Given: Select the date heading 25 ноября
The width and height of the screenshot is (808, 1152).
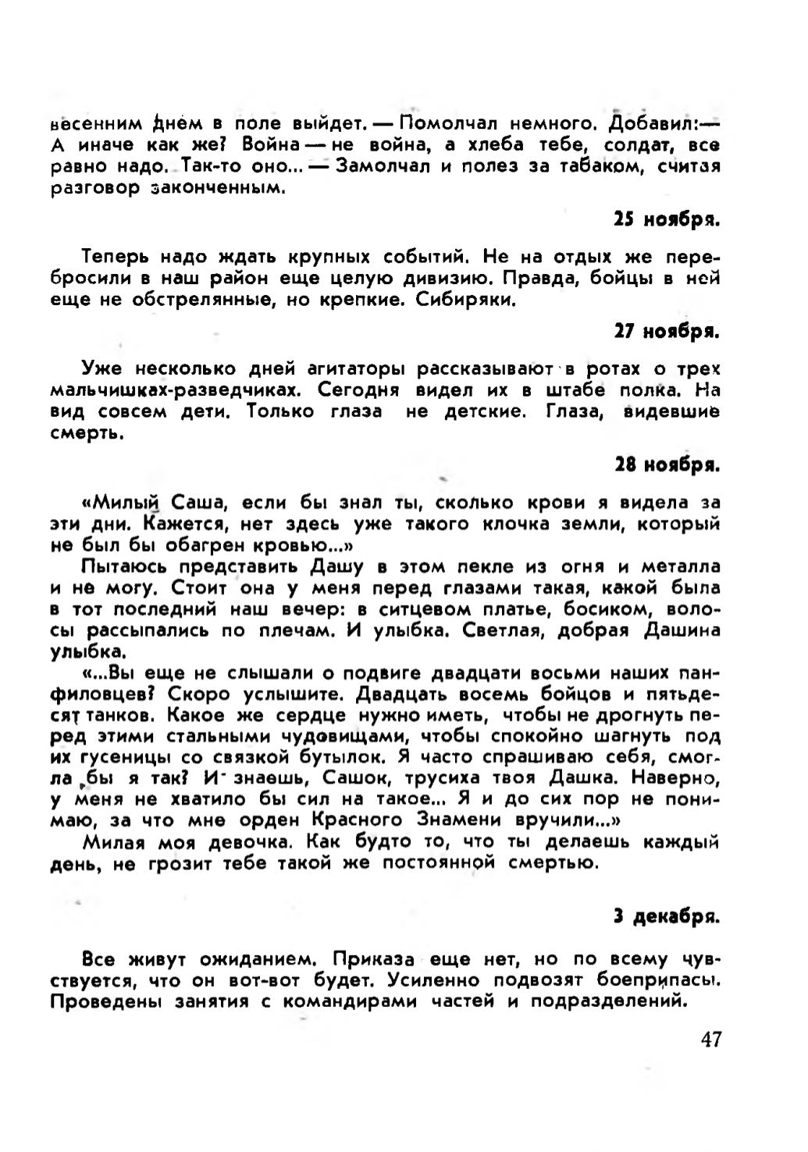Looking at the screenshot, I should coord(666,220).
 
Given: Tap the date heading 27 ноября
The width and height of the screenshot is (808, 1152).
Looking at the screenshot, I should coord(666,332).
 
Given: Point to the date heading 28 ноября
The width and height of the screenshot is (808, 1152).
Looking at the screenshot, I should coord(666,466).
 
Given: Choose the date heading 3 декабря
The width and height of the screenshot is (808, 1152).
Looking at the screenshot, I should coord(665,918).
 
